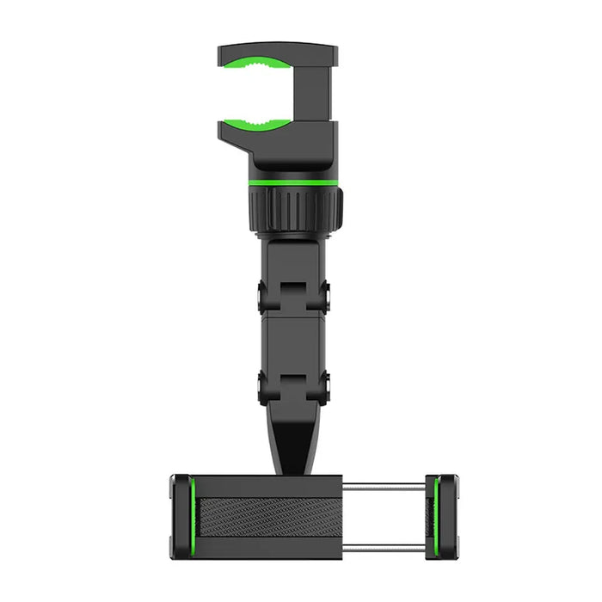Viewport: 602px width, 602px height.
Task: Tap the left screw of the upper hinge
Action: click(x=263, y=297)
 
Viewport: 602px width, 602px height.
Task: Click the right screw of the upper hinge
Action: click(x=328, y=297)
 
